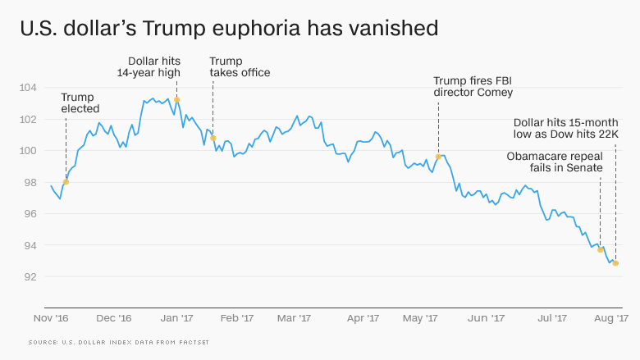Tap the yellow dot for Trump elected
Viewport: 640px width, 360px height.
coord(65,182)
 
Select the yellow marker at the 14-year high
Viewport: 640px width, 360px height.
coord(176,99)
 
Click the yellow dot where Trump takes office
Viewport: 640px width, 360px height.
coord(213,138)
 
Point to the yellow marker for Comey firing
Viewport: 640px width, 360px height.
coord(438,157)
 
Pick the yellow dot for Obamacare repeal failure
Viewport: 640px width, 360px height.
coord(601,249)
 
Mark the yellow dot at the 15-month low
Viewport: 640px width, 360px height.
coord(615,263)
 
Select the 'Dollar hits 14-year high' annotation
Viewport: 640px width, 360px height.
coord(155,66)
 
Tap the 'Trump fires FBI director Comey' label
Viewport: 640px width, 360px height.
coord(473,86)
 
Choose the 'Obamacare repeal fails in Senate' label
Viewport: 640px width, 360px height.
coord(555,162)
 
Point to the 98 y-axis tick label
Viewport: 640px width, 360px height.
coord(30,182)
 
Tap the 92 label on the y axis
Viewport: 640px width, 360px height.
coord(30,277)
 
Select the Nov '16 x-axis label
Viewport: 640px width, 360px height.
coord(51,317)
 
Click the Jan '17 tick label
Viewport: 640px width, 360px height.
coord(176,317)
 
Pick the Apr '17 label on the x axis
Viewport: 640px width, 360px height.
coord(362,317)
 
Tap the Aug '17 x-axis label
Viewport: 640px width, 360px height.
coord(610,317)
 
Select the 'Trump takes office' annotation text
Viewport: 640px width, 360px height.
coord(240,66)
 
